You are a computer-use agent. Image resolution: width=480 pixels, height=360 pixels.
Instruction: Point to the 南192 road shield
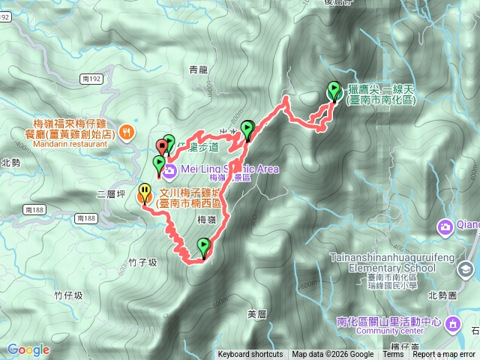click(x=93, y=77)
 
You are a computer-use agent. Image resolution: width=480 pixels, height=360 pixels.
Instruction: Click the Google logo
click(x=28, y=349)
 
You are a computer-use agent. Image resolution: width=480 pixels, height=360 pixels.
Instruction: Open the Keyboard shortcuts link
click(x=250, y=355)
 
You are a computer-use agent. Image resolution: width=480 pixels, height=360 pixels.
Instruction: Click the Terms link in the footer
click(x=393, y=355)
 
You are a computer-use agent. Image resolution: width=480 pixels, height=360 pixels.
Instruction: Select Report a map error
click(x=444, y=355)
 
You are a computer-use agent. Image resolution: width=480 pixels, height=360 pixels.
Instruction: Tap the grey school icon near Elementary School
click(x=466, y=268)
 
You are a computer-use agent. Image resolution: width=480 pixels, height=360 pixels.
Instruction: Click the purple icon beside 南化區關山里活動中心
click(x=453, y=323)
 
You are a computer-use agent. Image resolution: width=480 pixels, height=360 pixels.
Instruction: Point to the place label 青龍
click(x=198, y=70)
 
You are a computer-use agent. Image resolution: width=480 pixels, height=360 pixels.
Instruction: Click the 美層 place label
click(x=256, y=313)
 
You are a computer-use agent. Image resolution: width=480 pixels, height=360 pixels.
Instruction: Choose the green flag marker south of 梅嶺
click(x=203, y=246)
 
